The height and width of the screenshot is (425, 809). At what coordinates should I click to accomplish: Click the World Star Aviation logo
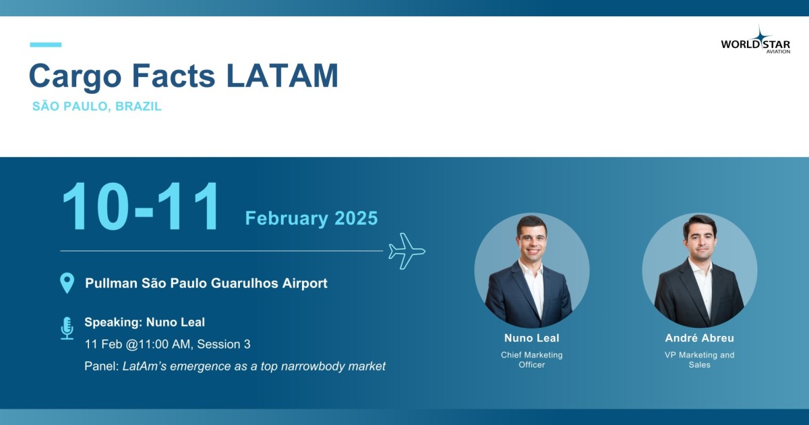(x=756, y=40)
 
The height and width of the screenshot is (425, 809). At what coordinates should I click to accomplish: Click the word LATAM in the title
(x=282, y=76)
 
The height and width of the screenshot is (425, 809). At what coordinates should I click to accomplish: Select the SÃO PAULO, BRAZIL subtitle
(x=97, y=107)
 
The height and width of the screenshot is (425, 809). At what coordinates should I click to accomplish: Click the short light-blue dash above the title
(x=46, y=45)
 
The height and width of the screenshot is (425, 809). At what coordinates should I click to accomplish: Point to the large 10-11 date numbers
(x=140, y=206)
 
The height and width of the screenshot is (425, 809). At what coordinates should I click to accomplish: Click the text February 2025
(x=311, y=219)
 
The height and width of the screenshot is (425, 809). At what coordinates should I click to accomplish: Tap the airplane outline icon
(x=407, y=251)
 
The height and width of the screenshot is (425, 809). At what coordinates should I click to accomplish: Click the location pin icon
(x=67, y=283)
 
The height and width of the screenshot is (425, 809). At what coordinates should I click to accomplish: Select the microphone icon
(x=67, y=328)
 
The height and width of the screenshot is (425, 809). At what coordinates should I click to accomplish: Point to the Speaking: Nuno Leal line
(x=144, y=322)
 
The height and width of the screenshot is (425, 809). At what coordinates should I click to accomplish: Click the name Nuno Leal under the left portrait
(x=532, y=338)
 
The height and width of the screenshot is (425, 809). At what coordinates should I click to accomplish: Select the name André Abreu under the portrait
(x=700, y=338)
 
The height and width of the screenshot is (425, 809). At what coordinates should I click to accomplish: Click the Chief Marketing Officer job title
(x=532, y=360)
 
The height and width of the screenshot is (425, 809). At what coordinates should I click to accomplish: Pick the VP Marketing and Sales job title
(x=700, y=360)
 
